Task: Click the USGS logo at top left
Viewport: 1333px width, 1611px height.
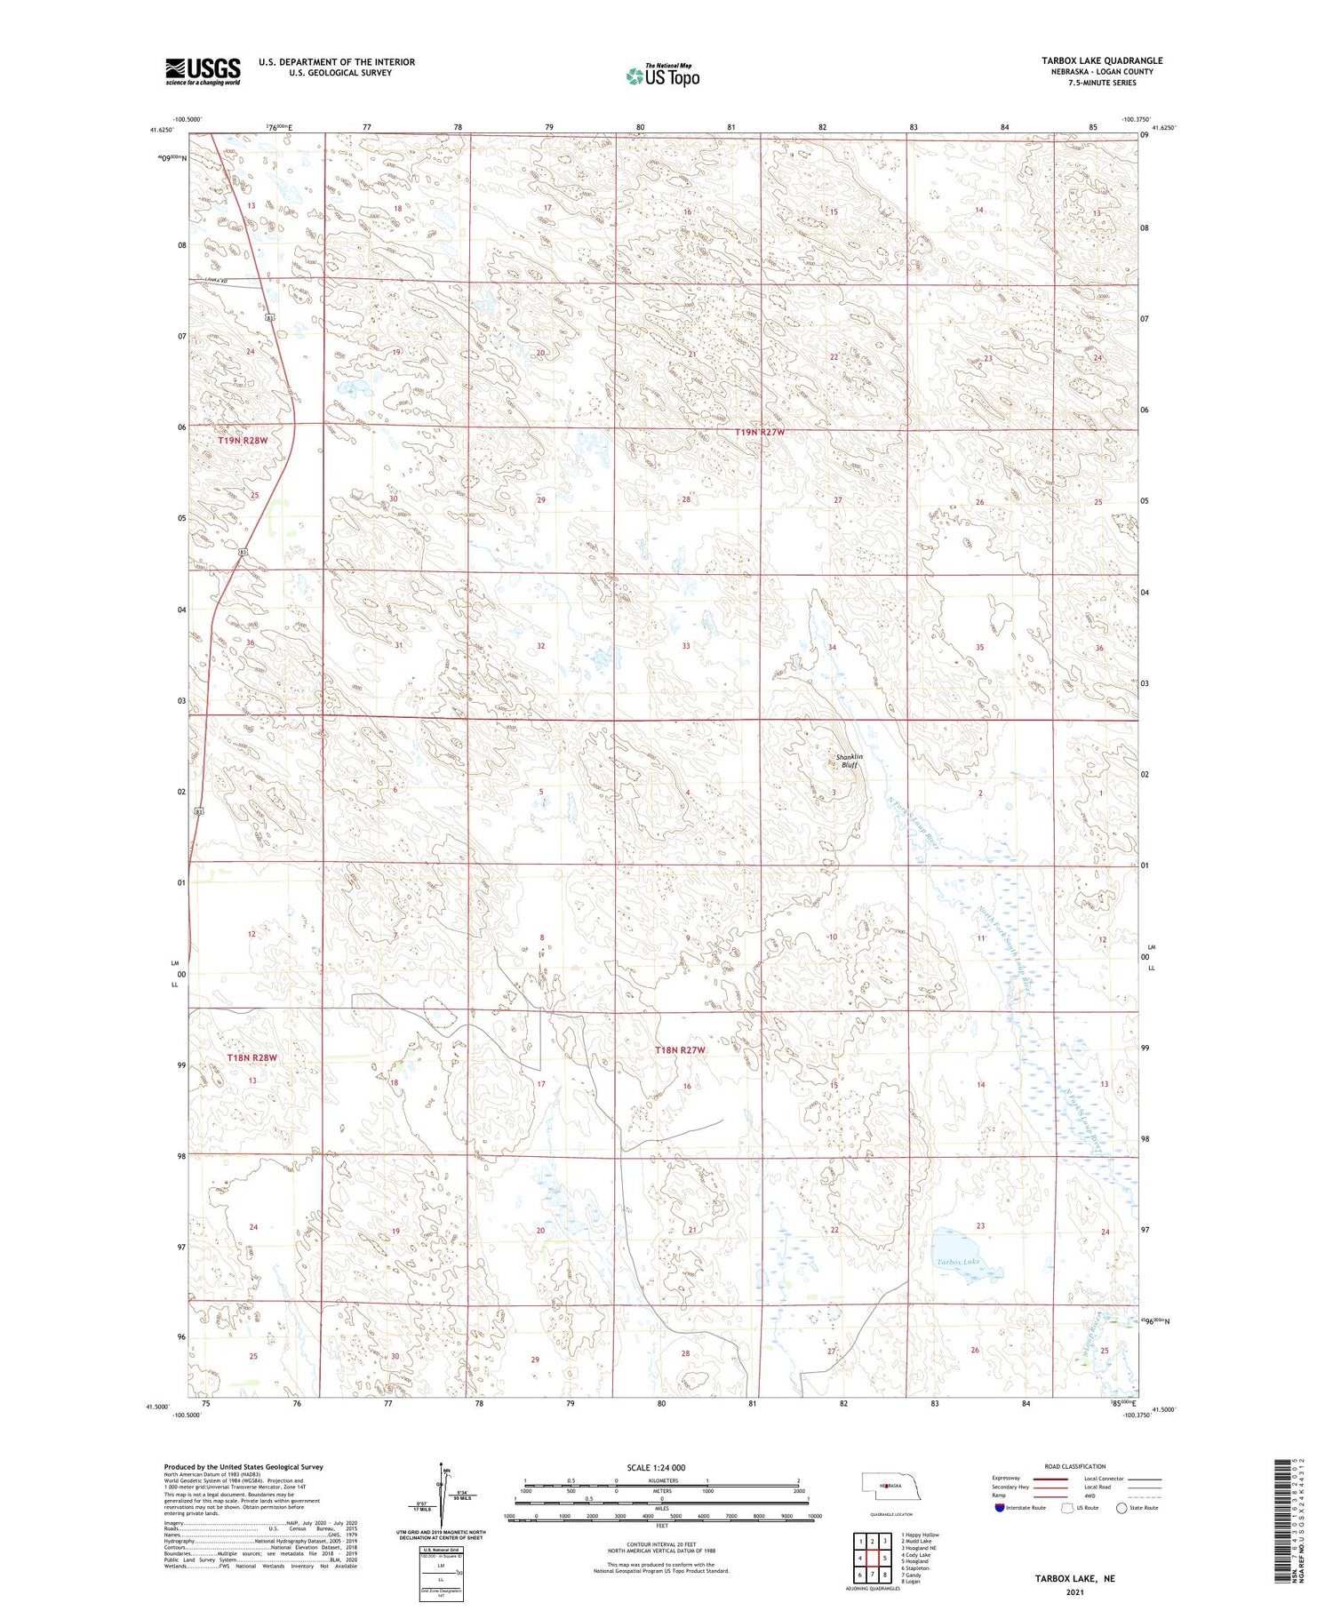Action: (x=203, y=71)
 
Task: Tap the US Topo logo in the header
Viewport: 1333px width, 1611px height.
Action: (x=663, y=76)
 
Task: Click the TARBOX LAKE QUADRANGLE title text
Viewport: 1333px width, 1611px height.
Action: (x=1101, y=60)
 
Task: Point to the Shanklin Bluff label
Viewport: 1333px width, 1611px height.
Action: (x=849, y=761)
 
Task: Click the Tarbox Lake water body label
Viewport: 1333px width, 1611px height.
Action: (x=957, y=1262)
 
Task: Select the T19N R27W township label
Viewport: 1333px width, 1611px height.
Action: (x=760, y=432)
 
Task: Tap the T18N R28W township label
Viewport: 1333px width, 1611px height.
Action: (x=251, y=1057)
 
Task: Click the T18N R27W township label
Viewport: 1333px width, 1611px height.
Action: (x=680, y=1050)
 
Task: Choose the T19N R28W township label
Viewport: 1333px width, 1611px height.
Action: (x=243, y=440)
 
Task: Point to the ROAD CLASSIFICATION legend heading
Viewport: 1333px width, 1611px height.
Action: (x=1075, y=1466)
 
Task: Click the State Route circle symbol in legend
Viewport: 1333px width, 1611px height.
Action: (x=1121, y=1508)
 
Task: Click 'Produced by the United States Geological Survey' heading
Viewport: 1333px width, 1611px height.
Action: (x=243, y=1467)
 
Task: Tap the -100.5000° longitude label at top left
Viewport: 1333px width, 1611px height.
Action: (x=188, y=119)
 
